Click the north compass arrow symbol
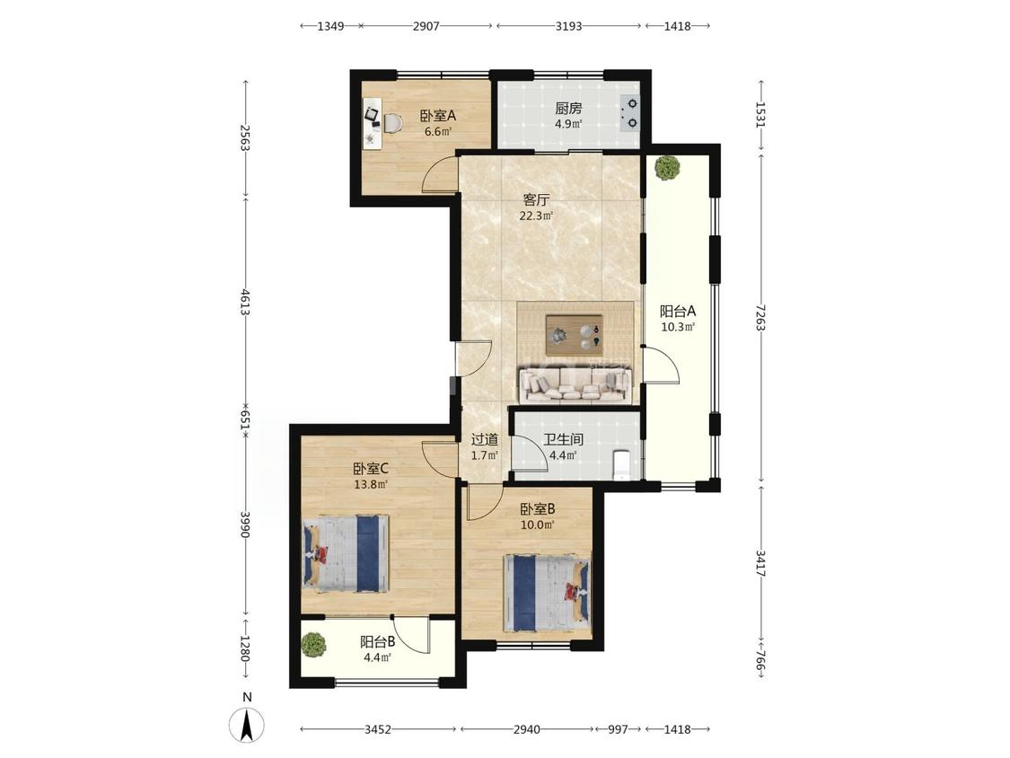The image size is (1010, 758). [x=247, y=724]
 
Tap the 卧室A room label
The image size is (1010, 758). [x=438, y=116]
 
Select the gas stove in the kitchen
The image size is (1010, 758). [x=629, y=113]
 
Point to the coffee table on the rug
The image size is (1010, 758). [x=574, y=334]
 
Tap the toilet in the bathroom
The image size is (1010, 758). [x=621, y=464]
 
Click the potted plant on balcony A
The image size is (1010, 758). [x=667, y=168]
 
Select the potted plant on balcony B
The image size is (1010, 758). [x=313, y=645]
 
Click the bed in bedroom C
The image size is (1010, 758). [x=347, y=553]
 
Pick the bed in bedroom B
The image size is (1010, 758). [x=547, y=593]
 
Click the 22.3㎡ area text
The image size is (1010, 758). [x=536, y=216]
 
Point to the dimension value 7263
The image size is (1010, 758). [x=760, y=317]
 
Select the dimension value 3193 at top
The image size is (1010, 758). [x=568, y=26]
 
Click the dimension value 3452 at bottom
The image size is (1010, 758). [x=378, y=729]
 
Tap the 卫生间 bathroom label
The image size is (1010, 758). [x=563, y=440]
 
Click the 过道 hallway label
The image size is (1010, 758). [x=485, y=440]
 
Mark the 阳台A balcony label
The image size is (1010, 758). [x=678, y=312]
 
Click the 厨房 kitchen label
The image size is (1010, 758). [x=568, y=109]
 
